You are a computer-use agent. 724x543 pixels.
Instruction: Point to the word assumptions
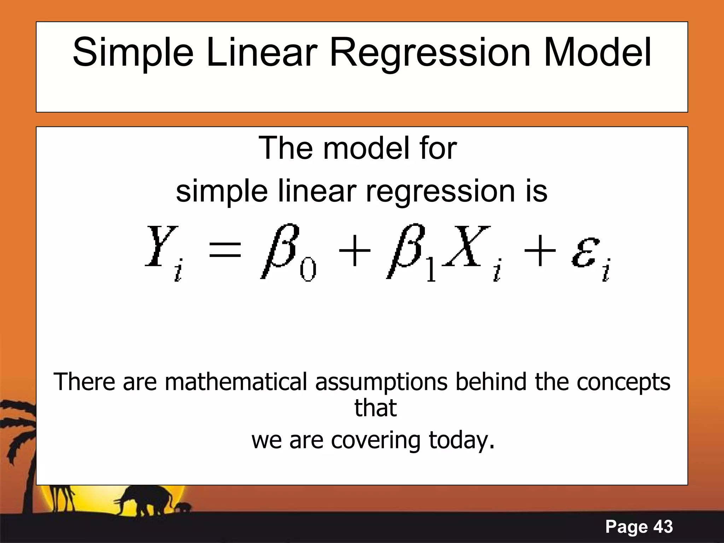click(x=381, y=383)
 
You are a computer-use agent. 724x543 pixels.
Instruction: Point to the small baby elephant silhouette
click(x=184, y=508)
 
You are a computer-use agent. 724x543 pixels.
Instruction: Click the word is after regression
click(x=536, y=191)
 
